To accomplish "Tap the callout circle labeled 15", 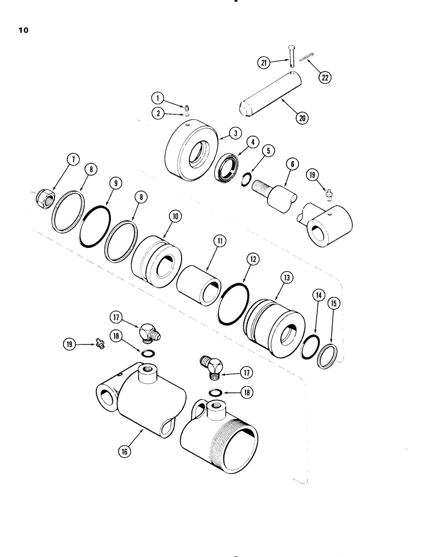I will point(335,304).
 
